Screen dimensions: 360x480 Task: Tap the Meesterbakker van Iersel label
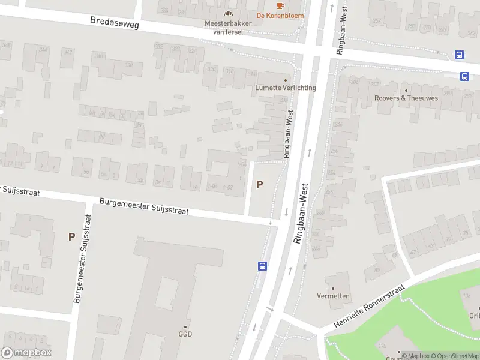point(228,28)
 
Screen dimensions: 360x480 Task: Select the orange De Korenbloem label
point(280,16)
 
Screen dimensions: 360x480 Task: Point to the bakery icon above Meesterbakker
point(228,13)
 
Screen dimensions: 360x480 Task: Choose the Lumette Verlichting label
point(286,88)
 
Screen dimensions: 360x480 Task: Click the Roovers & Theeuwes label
point(406,98)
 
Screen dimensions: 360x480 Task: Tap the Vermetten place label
point(334,296)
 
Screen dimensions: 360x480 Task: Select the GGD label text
point(185,334)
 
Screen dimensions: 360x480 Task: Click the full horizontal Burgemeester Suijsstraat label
point(144,207)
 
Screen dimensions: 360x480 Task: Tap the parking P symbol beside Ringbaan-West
point(259,185)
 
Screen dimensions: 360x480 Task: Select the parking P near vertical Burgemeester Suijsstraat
point(71,236)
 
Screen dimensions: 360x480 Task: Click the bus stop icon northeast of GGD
point(262,266)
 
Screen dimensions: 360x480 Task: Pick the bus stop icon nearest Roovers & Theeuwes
point(464,76)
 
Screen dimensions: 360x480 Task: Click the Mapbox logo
point(26,353)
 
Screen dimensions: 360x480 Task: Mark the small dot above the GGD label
point(185,326)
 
